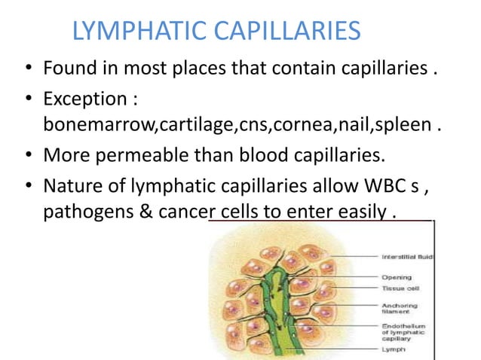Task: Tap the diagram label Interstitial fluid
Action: tap(407, 257)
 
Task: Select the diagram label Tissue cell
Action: tap(400, 288)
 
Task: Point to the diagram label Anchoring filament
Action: tap(400, 308)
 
